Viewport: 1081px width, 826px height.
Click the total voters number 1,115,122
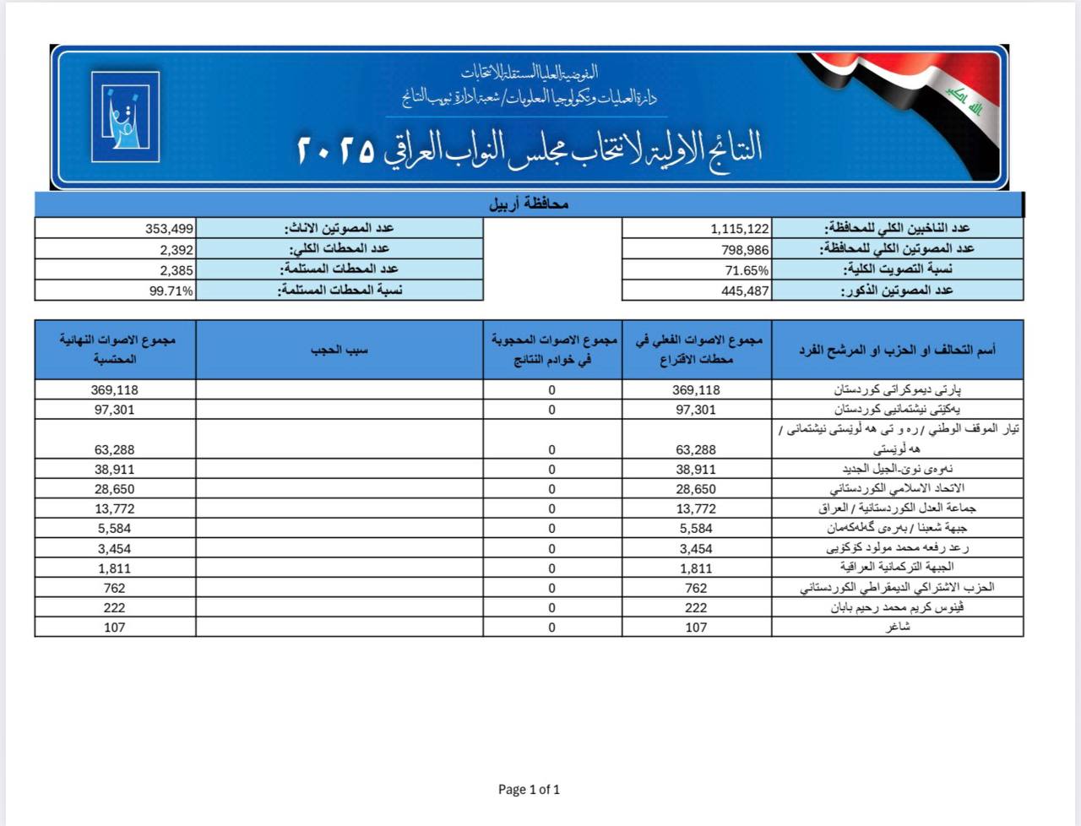tap(740, 228)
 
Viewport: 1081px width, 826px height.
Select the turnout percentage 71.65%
tap(747, 270)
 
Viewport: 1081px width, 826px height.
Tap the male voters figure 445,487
tap(746, 291)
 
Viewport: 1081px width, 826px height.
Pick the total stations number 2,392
tap(177, 249)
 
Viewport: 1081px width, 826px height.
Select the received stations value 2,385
tap(177, 270)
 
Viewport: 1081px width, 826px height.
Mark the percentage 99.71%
tap(171, 291)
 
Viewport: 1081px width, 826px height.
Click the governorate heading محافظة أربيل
tap(529, 204)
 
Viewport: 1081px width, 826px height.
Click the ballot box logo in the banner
tap(125, 117)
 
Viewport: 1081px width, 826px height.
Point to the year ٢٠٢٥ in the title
tap(335, 150)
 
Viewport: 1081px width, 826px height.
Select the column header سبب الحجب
tap(340, 349)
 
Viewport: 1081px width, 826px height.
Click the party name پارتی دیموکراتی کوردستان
tap(898, 390)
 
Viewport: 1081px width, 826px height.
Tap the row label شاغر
tap(897, 628)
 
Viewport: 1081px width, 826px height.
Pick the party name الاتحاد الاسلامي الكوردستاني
tap(897, 489)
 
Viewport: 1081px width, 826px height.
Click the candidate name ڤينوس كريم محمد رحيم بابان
tap(897, 607)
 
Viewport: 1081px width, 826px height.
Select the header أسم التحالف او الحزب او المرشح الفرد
tap(897, 349)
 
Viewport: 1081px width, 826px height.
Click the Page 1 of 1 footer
tap(529, 790)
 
